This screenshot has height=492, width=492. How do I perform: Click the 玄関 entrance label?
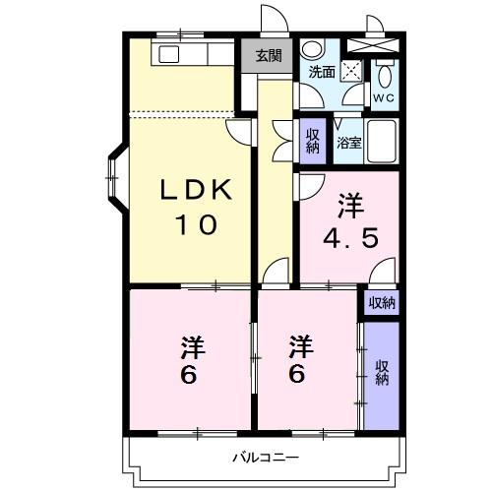267,56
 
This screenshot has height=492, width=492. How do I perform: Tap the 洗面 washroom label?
321,73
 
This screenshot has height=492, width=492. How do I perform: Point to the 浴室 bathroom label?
348,144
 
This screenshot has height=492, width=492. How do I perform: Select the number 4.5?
350,237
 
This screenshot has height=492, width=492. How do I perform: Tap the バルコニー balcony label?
265,456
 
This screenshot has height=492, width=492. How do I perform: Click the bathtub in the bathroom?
381,143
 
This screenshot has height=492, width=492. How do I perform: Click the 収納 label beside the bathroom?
312,142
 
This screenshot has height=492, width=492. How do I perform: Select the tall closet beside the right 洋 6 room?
381,374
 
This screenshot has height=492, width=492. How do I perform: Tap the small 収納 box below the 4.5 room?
382,302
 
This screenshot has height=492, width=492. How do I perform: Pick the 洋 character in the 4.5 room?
350,206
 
